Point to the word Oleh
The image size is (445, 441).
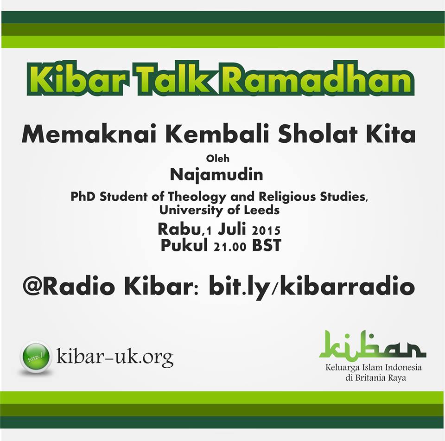click(218, 158)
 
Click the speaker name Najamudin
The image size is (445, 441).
click(216, 175)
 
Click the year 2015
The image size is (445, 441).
click(266, 230)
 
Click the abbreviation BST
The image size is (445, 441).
click(267, 245)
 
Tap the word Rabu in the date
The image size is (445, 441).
click(179, 229)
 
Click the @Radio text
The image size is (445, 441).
click(69, 287)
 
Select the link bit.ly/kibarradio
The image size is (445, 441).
click(312, 287)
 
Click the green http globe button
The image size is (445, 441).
click(36, 357)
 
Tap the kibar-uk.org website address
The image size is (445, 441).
click(115, 357)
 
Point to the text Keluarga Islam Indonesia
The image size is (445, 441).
click(374, 367)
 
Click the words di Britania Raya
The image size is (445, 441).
click(376, 378)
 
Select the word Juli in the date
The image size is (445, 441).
click(232, 229)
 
